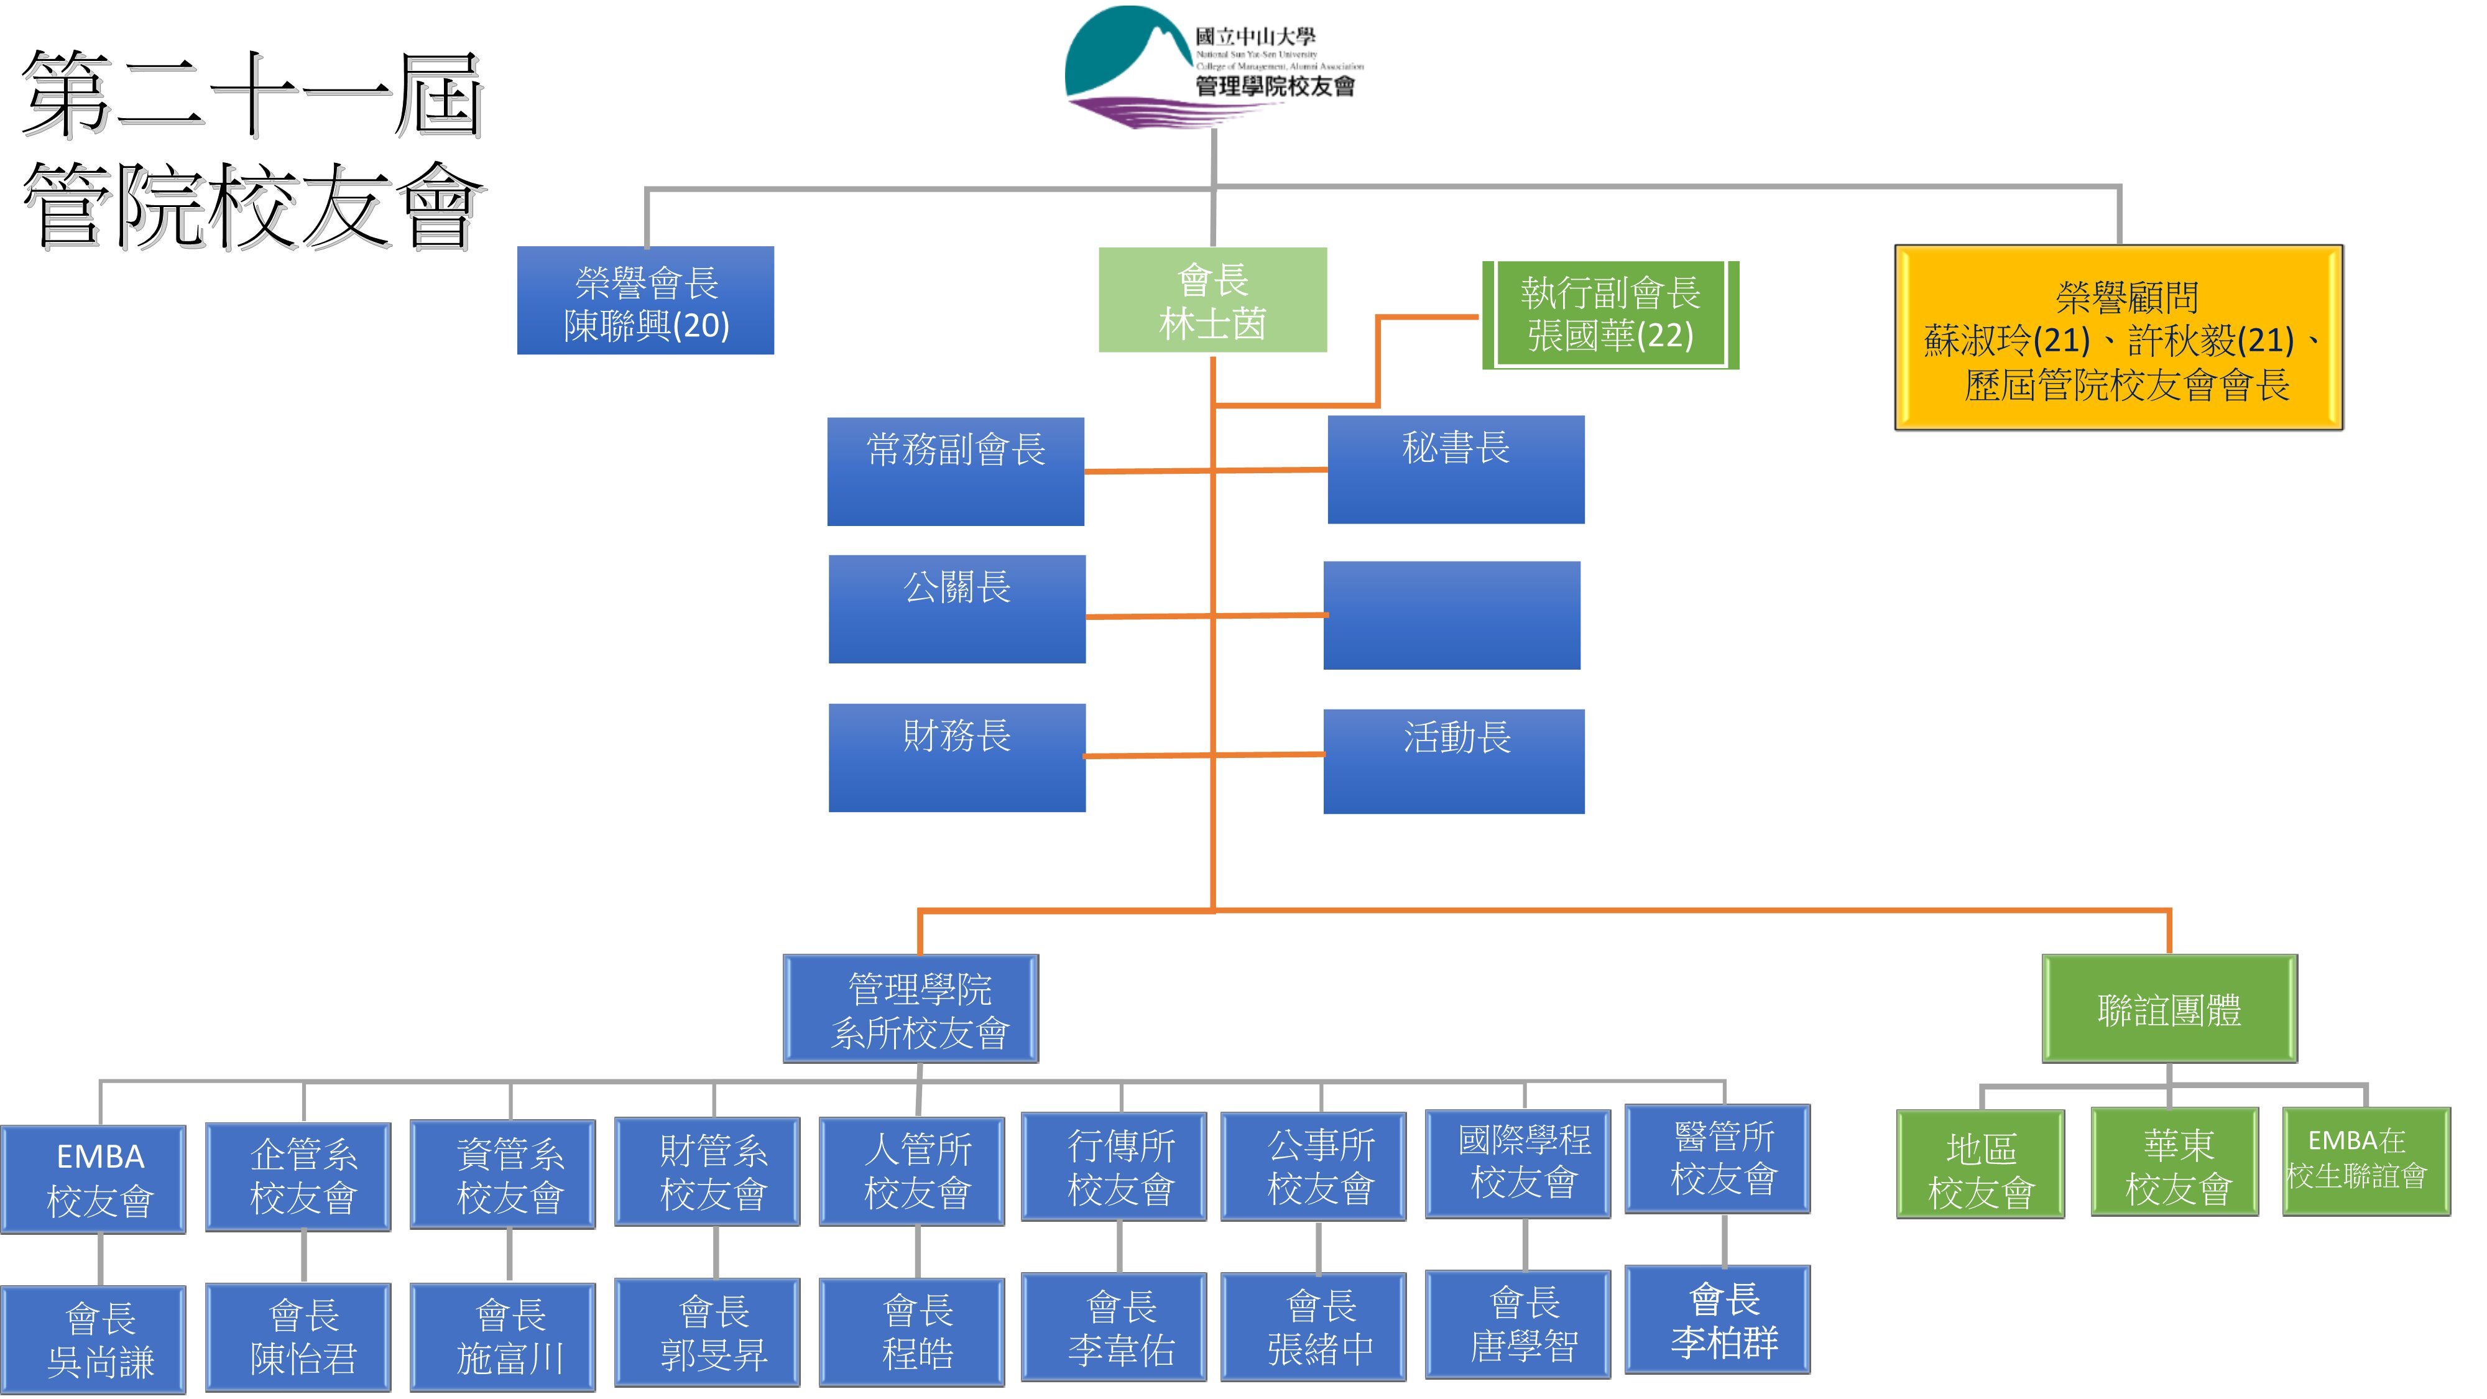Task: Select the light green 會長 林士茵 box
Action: click(1212, 300)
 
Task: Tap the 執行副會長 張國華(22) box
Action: click(1610, 315)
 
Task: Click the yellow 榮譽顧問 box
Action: click(2118, 338)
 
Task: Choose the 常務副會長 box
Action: click(956, 471)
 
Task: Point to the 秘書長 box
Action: click(1456, 470)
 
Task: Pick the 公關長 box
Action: click(957, 609)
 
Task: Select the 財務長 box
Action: click(957, 758)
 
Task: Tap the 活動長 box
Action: click(1454, 762)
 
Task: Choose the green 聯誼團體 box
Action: click(2169, 1009)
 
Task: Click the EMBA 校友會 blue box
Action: click(94, 1179)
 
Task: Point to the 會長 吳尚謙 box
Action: click(94, 1339)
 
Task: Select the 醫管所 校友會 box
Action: click(1717, 1158)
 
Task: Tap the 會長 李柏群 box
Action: click(1717, 1319)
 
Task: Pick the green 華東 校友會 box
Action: click(2175, 1161)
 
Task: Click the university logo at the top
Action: click(1214, 68)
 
